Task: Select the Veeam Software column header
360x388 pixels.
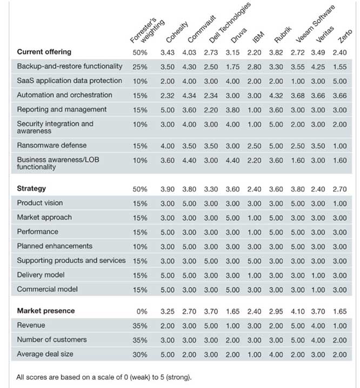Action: point(315,24)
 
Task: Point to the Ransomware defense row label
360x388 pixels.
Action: point(52,145)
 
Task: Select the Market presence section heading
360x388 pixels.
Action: point(46,311)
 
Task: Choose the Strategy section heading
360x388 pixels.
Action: point(31,189)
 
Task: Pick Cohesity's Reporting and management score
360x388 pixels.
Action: point(167,109)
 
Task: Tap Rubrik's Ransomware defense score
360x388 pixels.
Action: point(276,146)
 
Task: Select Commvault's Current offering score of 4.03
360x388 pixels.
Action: point(189,52)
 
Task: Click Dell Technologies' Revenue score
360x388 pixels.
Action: point(211,326)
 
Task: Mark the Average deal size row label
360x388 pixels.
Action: point(44,354)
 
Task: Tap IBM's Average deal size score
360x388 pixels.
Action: point(254,354)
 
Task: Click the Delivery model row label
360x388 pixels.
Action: point(41,275)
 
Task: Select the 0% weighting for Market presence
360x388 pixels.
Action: point(141,311)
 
